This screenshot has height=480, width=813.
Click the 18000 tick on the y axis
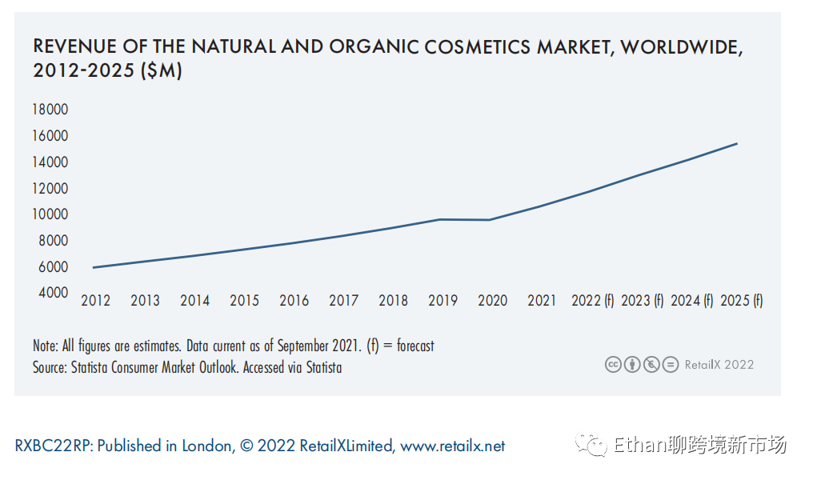pyautogui.click(x=50, y=110)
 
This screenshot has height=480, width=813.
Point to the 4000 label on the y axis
pyautogui.click(x=50, y=293)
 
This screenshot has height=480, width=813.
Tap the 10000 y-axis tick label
pyautogui.click(x=50, y=214)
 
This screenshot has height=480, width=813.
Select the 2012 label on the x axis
pyautogui.click(x=96, y=301)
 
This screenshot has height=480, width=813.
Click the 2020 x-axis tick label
pyautogui.click(x=492, y=301)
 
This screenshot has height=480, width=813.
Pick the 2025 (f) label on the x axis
pyautogui.click(x=742, y=301)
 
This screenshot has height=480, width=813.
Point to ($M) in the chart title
pyautogui.click(x=161, y=71)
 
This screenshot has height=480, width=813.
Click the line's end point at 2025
pyautogui.click(x=737, y=144)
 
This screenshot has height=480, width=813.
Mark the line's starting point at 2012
pyautogui.click(x=94, y=267)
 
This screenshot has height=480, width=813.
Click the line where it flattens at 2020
pyautogui.click(x=490, y=220)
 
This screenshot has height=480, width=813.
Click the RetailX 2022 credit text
pyautogui.click(x=719, y=365)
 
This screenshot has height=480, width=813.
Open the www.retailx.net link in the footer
pyautogui.click(x=453, y=446)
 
